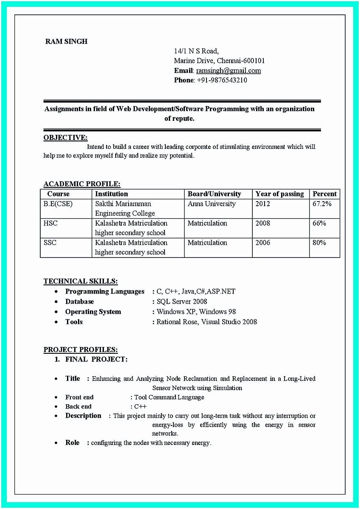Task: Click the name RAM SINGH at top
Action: (x=66, y=42)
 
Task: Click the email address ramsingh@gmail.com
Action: (x=228, y=70)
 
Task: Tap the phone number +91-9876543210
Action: (x=222, y=80)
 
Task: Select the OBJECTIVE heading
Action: (x=66, y=137)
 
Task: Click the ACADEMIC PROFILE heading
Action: (x=82, y=184)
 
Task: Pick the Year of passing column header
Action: (x=279, y=194)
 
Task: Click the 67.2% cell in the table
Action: (x=322, y=204)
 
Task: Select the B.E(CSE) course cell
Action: (x=58, y=204)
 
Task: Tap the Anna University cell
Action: (x=212, y=204)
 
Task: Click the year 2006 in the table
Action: (x=262, y=243)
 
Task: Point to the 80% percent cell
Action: (x=319, y=243)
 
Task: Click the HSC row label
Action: (x=50, y=223)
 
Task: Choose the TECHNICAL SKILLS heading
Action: (x=81, y=281)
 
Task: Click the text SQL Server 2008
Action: (x=182, y=302)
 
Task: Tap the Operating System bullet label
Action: (x=93, y=312)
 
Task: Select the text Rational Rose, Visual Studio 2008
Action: (x=207, y=322)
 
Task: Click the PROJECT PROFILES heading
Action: (x=81, y=350)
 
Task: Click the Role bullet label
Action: (x=72, y=442)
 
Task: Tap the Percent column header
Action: (x=324, y=194)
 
